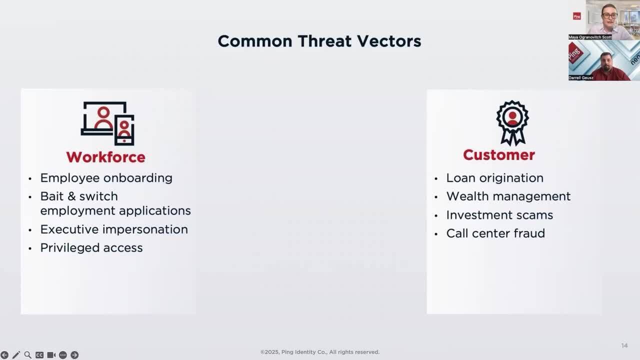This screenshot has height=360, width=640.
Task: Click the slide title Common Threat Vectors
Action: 319,41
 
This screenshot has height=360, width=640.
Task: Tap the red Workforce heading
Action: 105,157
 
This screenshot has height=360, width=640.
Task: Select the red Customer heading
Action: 499,155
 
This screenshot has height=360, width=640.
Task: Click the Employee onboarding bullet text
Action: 106,178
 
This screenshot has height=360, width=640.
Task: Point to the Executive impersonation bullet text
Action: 114,229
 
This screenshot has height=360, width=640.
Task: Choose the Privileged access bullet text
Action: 91,248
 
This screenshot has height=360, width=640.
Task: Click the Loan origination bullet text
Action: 495,178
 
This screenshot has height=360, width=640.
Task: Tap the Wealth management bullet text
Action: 508,196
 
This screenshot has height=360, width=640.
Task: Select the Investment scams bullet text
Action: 499,215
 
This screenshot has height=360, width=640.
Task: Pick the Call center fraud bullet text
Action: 495,233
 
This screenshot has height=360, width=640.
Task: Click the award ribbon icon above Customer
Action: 512,123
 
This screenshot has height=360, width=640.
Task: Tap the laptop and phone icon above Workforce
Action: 107,123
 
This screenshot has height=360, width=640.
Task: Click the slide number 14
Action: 624,345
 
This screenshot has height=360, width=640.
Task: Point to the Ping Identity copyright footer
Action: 319,352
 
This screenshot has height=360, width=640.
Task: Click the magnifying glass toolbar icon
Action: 27,355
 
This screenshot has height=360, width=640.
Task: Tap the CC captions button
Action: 39,355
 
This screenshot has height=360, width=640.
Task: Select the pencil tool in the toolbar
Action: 16,355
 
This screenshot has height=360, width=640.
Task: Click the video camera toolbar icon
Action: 51,355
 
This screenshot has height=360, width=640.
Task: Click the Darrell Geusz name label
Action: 581,77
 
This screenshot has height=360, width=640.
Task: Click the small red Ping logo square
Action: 577,16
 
